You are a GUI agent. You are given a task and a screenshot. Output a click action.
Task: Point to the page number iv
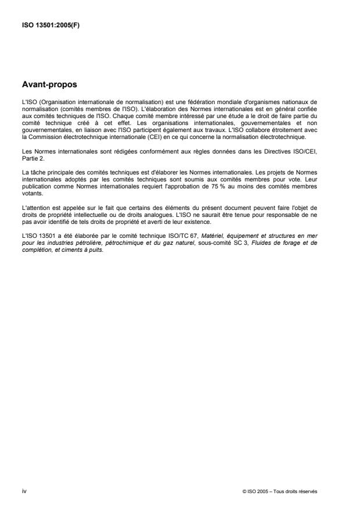[24, 491]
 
